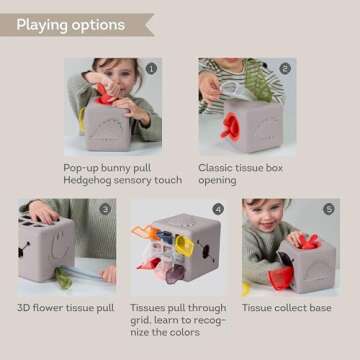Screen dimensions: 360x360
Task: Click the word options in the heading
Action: pyautogui.click(x=98, y=24)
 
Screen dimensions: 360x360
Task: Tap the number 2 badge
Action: pyautogui.click(x=286, y=69)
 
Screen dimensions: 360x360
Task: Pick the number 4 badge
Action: pyautogui.click(x=217, y=210)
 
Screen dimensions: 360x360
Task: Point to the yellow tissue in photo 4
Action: pyautogui.click(x=185, y=243)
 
